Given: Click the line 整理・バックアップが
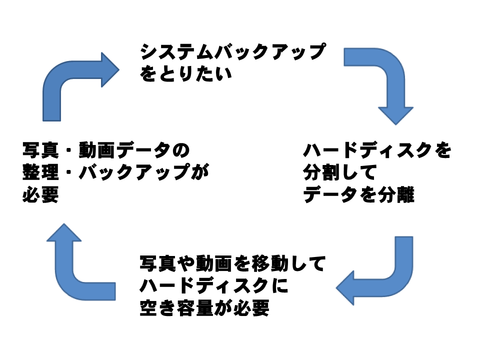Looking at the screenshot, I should click(x=114, y=173).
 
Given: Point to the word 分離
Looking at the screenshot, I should click(x=394, y=195).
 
